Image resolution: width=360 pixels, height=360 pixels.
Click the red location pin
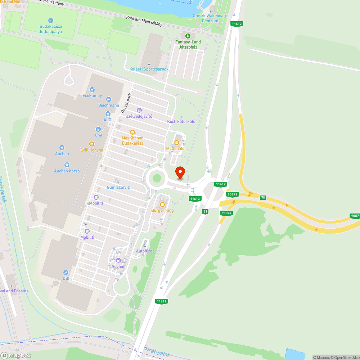(x=180, y=172)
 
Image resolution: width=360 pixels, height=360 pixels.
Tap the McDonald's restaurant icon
(x=176, y=143)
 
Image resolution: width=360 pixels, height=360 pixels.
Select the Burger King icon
(x=162, y=204)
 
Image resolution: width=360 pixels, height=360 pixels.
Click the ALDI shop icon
(x=108, y=114)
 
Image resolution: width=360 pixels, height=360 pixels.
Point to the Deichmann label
(x=108, y=105)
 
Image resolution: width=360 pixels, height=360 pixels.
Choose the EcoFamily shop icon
(x=93, y=90)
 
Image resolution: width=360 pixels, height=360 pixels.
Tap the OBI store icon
(x=66, y=273)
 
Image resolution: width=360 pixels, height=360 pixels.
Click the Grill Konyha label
(x=91, y=150)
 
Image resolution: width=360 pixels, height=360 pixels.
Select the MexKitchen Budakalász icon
(x=132, y=132)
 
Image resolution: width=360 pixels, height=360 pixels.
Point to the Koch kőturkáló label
(x=181, y=121)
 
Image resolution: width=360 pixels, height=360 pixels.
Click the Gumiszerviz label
(x=118, y=188)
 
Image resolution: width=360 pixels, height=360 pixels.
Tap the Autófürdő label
(x=145, y=251)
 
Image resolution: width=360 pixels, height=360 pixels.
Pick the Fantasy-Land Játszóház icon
(x=188, y=36)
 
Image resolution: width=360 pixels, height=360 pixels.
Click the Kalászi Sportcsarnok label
(x=149, y=69)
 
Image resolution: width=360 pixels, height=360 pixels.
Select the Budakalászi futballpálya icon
(x=51, y=20)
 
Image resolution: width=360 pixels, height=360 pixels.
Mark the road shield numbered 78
(x=263, y=197)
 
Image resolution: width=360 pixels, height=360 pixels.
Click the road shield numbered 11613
(x=195, y=198)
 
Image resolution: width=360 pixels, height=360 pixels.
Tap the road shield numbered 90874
(x=227, y=213)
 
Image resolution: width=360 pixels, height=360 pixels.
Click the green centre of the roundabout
(x=157, y=177)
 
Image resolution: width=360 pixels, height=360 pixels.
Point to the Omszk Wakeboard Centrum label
(x=210, y=18)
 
